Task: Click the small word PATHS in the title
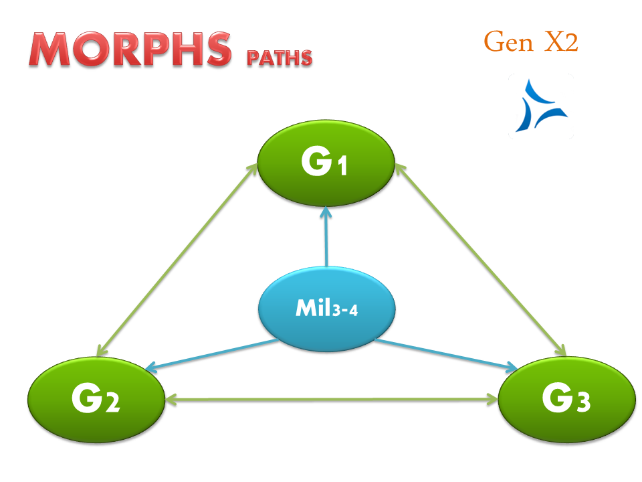(279, 58)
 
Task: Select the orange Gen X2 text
(530, 42)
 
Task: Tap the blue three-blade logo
(541, 106)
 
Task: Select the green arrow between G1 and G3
(480, 258)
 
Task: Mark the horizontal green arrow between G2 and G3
(331, 400)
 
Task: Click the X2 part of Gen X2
(559, 42)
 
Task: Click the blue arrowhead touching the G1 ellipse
(326, 212)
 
